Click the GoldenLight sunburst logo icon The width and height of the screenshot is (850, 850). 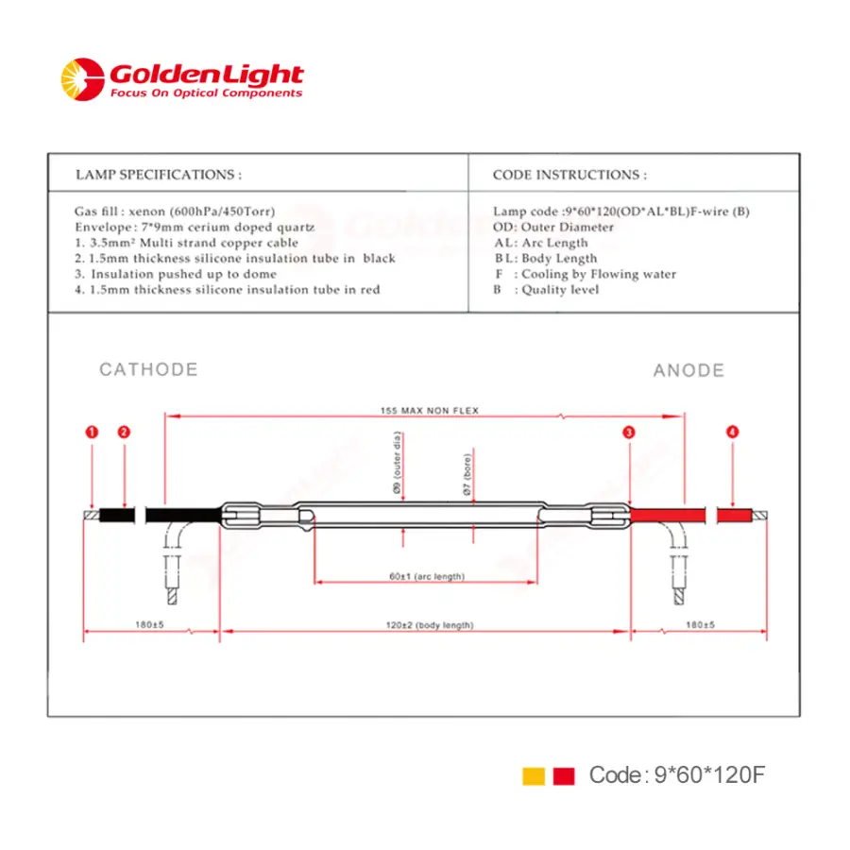tap(82, 79)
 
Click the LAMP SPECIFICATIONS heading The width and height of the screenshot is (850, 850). tap(159, 175)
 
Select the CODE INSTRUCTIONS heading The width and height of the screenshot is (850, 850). tap(569, 175)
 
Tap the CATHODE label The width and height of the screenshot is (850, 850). tap(148, 369)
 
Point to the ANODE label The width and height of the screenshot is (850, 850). tap(689, 370)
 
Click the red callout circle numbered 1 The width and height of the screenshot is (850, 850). tap(93, 432)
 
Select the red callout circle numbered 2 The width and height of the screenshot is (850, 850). tap(124, 432)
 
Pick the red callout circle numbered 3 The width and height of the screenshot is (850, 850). tap(629, 432)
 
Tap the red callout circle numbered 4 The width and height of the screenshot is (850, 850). tap(732, 432)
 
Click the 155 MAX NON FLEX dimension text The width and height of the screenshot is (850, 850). tap(430, 411)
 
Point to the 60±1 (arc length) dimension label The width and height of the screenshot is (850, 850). tap(427, 576)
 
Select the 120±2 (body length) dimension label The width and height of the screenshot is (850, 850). tap(430, 625)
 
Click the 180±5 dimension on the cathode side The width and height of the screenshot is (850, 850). tap(149, 624)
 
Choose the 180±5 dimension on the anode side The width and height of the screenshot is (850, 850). tap(700, 624)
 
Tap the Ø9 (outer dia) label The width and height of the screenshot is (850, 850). tap(397, 463)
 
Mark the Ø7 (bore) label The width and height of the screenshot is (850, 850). tap(467, 474)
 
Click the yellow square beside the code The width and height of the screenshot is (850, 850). tap(534, 775)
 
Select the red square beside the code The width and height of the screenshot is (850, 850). tap(564, 775)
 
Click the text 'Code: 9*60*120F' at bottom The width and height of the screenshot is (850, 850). tap(676, 775)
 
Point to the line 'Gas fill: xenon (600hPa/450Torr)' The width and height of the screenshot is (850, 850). tap(175, 211)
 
